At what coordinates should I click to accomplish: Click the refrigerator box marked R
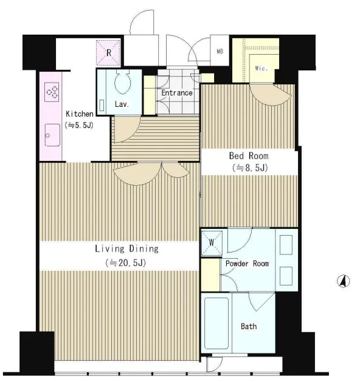tap(108, 53)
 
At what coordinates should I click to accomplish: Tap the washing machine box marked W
tap(212, 243)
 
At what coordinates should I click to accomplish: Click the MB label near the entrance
tap(220, 52)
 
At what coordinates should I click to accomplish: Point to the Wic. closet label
tap(261, 68)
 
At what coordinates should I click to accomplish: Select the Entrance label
tap(177, 93)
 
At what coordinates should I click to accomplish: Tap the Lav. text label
tap(122, 104)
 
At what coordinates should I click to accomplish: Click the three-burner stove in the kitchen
tap(52, 92)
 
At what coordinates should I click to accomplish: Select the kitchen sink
tap(52, 135)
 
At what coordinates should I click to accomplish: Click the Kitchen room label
tap(80, 114)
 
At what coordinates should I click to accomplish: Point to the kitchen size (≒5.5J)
tap(79, 125)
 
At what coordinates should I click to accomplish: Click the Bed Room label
tap(249, 156)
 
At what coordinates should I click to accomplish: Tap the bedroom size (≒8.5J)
tap(251, 168)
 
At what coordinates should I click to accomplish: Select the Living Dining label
tap(126, 249)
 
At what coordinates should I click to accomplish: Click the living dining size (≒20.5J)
tap(126, 263)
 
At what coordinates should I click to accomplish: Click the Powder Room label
tap(247, 264)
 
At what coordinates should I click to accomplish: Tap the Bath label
tap(249, 326)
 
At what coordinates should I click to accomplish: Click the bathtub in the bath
tap(216, 323)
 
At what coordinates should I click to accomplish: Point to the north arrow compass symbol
tap(344, 281)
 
